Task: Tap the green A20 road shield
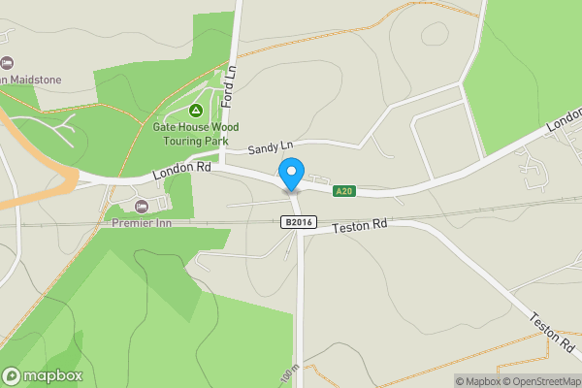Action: click(344, 191)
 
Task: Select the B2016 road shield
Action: click(299, 222)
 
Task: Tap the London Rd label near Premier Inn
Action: click(181, 170)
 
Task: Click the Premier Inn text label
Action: click(143, 222)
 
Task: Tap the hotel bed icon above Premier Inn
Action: click(143, 206)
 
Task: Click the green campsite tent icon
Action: click(196, 111)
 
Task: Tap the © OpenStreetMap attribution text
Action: click(540, 381)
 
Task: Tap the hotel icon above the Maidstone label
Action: click(5, 62)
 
